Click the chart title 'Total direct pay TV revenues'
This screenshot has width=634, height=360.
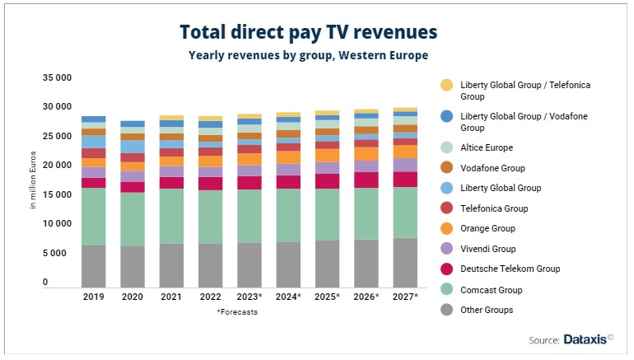[308, 31]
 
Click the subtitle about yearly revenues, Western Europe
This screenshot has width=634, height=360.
[308, 55]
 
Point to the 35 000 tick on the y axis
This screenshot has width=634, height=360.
[56, 77]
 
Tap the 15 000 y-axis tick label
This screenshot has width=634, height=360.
[56, 194]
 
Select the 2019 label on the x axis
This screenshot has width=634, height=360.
[93, 296]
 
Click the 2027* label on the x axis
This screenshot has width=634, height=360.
[404, 296]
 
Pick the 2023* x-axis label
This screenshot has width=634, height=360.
[249, 296]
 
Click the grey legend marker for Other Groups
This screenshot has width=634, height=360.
[447, 310]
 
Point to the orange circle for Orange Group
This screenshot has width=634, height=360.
[447, 229]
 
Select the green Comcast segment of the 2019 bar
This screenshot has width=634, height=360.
[93, 216]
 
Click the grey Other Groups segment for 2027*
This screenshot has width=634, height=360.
[404, 262]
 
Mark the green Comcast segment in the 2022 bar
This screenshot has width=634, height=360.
[210, 217]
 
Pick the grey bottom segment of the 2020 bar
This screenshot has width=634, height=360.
[133, 266]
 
